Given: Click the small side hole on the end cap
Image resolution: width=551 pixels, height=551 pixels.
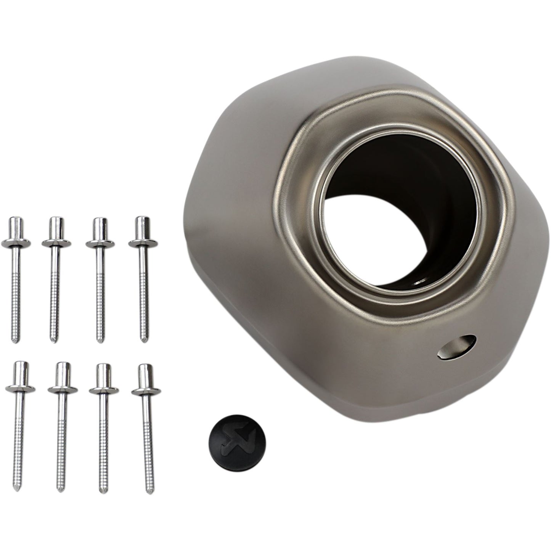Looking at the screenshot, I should click(457, 347).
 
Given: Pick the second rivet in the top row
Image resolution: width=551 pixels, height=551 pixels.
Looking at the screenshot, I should click(56, 278).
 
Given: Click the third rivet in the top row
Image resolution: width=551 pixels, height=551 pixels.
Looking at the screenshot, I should click(100, 278).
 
